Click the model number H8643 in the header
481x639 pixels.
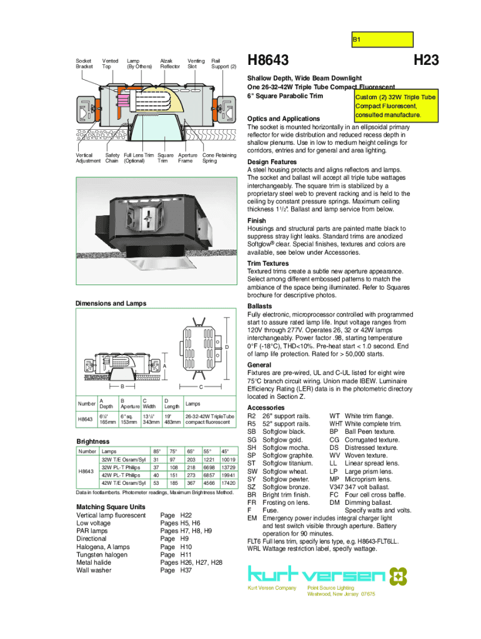click(x=269, y=61)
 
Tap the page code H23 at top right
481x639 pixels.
click(x=426, y=61)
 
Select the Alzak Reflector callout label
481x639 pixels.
click(x=170, y=63)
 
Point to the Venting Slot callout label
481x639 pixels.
click(x=196, y=63)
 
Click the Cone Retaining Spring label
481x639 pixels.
click(x=219, y=158)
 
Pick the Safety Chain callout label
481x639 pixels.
click(x=112, y=158)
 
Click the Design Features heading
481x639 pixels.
click(x=272, y=162)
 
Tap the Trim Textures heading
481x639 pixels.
click(x=268, y=264)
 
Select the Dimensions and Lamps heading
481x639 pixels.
click(x=111, y=303)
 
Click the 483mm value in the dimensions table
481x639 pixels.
click(x=172, y=422)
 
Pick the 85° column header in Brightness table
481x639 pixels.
click(x=156, y=451)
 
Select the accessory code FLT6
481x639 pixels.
click(x=254, y=542)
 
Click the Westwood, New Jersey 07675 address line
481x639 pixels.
click(x=341, y=594)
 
